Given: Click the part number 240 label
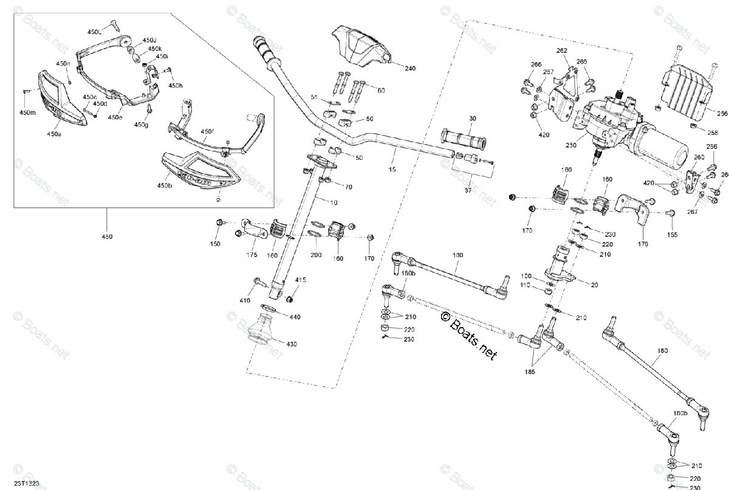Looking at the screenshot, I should (410, 68).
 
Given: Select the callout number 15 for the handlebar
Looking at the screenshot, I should (392, 170).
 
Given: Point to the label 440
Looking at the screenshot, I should (295, 317).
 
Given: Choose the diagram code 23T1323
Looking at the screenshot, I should (27, 484).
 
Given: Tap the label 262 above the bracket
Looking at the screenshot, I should (562, 50).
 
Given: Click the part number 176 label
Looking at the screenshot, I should (643, 244).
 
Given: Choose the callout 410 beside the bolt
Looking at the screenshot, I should (245, 300).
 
